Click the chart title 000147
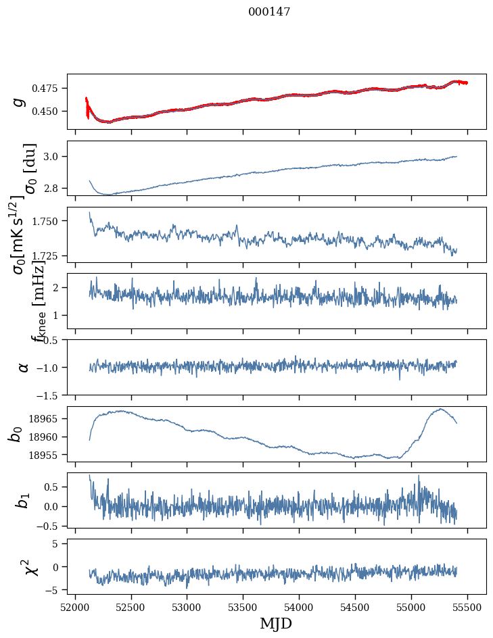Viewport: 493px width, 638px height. pyautogui.click(x=269, y=11)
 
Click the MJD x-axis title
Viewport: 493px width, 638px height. pyautogui.click(x=276, y=623)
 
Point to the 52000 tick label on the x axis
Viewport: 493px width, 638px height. pyautogui.click(x=75, y=607)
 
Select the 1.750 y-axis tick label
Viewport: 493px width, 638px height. pyautogui.click(x=49, y=222)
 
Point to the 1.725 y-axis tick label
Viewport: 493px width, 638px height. pyautogui.click(x=49, y=256)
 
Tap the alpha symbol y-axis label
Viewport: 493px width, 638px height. pyautogui.click(x=24, y=367)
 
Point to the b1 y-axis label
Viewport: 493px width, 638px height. pyautogui.click(x=22, y=500)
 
